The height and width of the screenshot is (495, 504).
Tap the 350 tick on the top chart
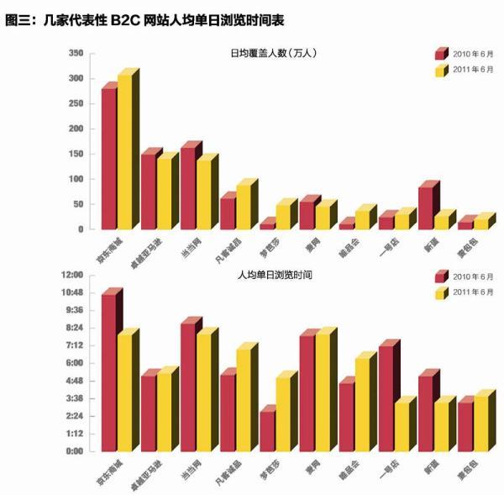pos(74,54)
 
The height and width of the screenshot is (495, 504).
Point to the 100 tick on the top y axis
pos(74,179)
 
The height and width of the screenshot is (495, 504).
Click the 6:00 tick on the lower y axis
pos(74,363)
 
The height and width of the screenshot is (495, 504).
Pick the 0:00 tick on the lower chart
pos(74,451)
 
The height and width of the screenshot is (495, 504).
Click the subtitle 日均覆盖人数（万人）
pos(273,55)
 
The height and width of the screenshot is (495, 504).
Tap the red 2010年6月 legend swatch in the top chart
pos(441,55)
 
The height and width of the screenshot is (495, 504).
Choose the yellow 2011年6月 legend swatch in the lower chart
pos(441,292)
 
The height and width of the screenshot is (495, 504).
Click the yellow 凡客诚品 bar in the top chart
pos(244,207)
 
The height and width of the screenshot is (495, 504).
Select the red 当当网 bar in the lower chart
pos(188,387)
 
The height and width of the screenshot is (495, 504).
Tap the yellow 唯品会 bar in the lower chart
pos(363,406)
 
